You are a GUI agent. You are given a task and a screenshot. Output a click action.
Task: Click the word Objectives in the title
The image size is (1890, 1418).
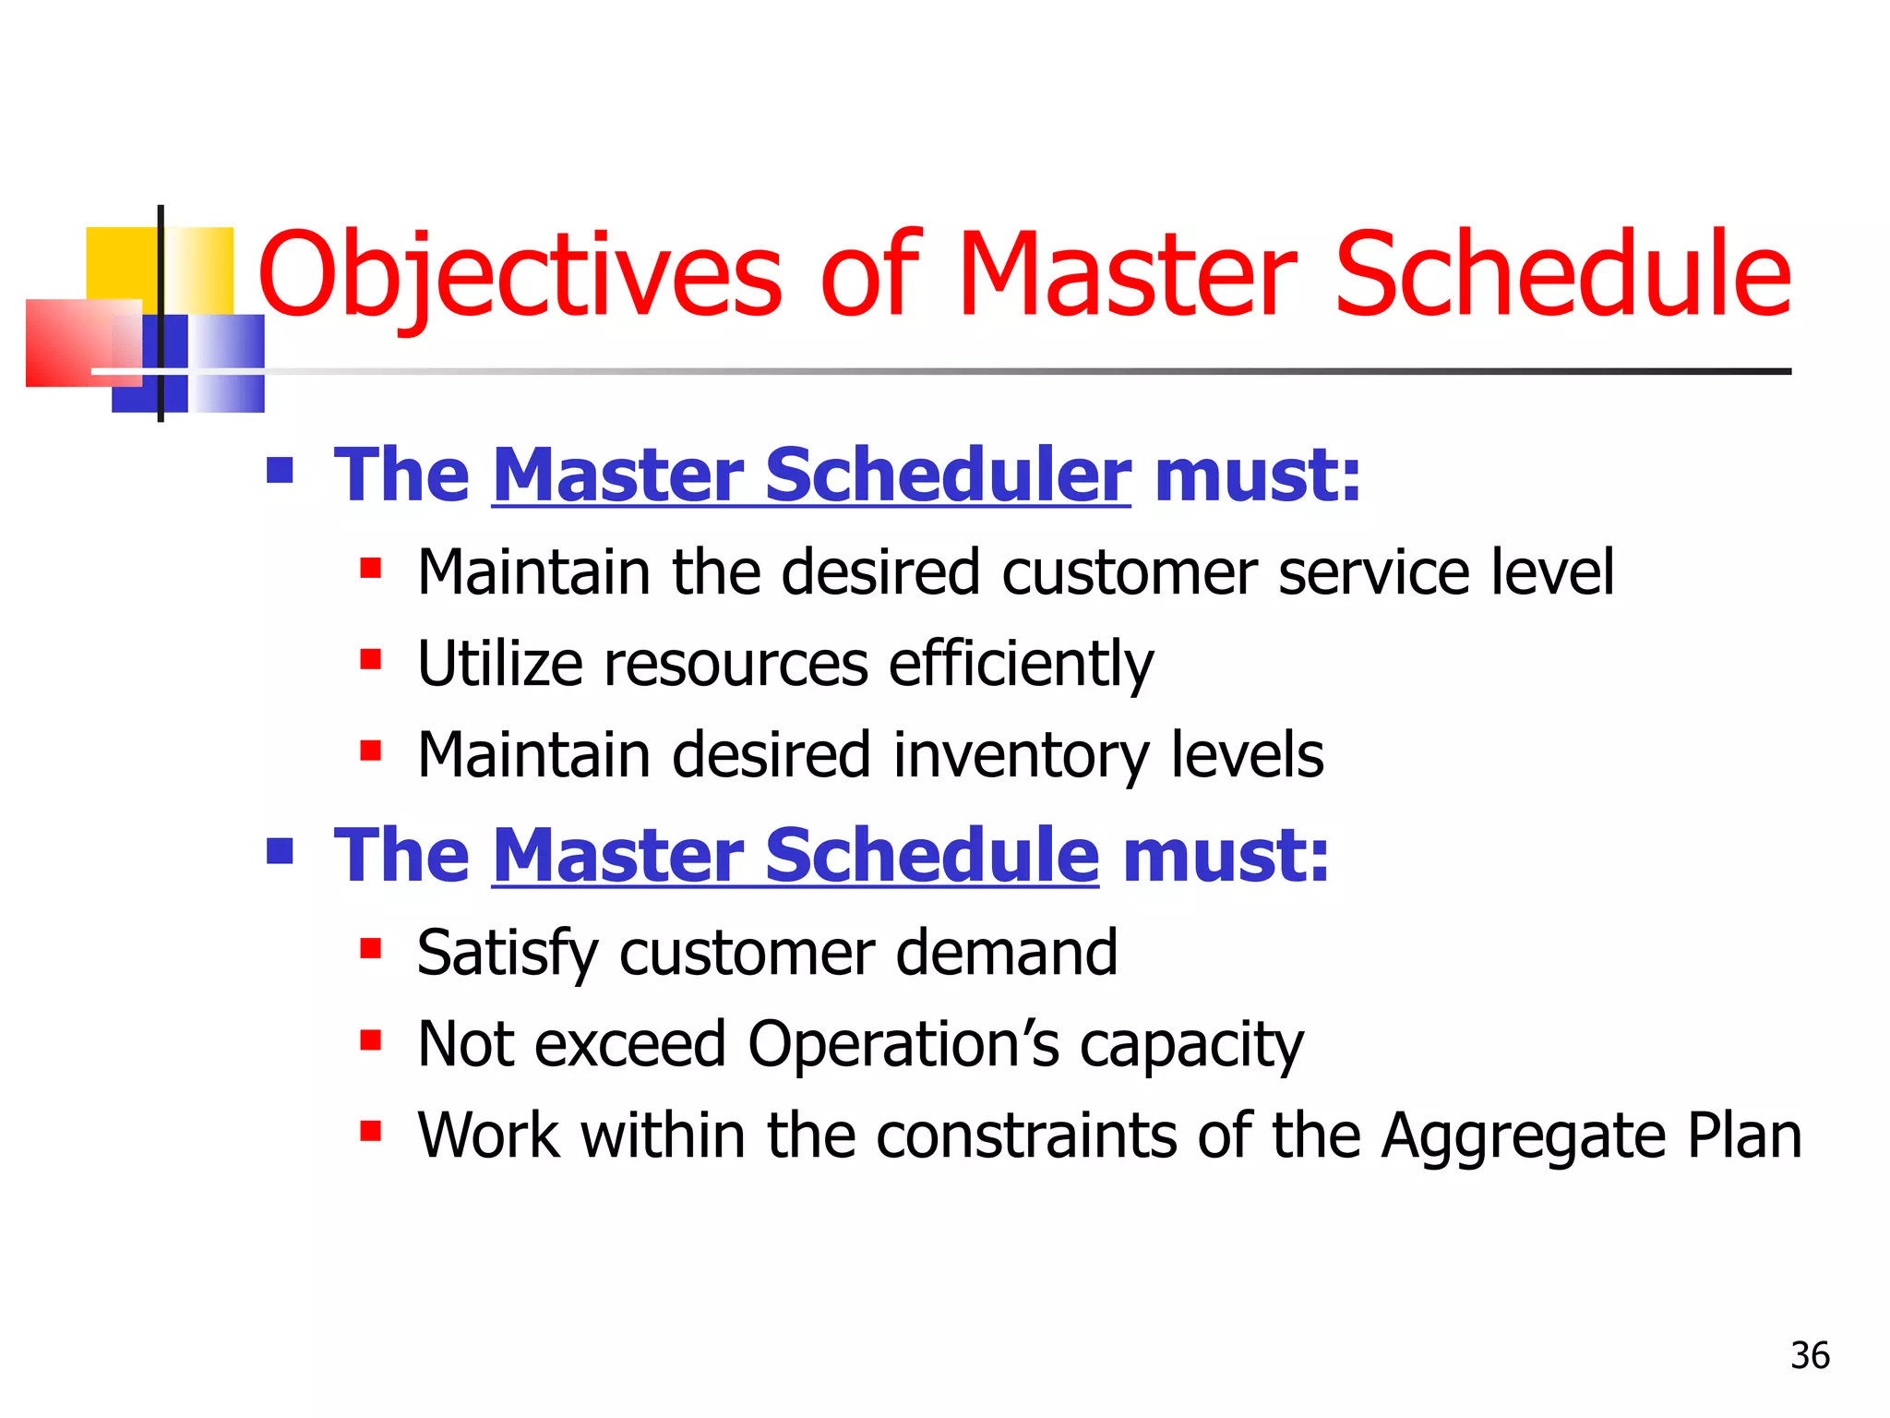(x=520, y=275)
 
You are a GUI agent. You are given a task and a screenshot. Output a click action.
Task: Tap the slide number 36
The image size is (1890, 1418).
(x=1810, y=1355)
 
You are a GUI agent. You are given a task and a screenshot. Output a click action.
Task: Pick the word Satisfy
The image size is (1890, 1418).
(x=507, y=953)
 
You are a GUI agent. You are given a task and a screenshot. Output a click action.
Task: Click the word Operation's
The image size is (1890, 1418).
(x=903, y=1044)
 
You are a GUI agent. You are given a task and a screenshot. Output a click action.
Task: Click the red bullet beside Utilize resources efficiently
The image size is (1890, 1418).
(x=371, y=659)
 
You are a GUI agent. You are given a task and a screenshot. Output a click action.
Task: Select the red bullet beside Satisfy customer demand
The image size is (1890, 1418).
(x=371, y=948)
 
